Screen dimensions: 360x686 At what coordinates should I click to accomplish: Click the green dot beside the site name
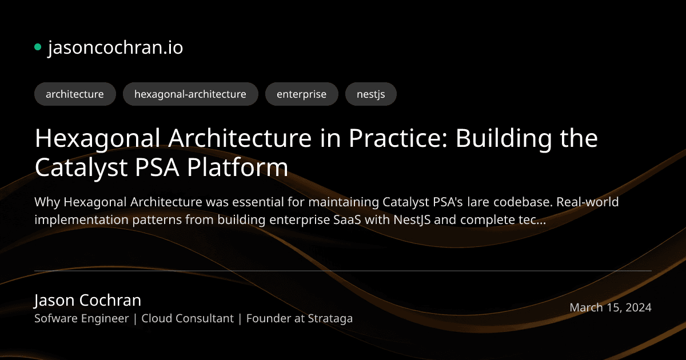[38, 47]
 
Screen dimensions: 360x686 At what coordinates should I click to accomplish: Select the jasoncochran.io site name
[115, 48]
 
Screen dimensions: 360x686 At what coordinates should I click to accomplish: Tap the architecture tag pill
[75, 94]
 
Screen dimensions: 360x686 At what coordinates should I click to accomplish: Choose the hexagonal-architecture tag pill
[190, 94]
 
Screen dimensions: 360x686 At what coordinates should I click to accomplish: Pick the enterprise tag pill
[301, 94]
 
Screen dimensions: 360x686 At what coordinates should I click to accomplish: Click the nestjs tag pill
[370, 94]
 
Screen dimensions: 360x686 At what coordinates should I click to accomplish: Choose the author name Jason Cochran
[87, 300]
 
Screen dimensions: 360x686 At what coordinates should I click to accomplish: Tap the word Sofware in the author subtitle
[56, 318]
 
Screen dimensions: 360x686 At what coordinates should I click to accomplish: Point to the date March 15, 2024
[610, 307]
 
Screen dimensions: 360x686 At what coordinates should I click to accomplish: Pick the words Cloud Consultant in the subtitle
[188, 318]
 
